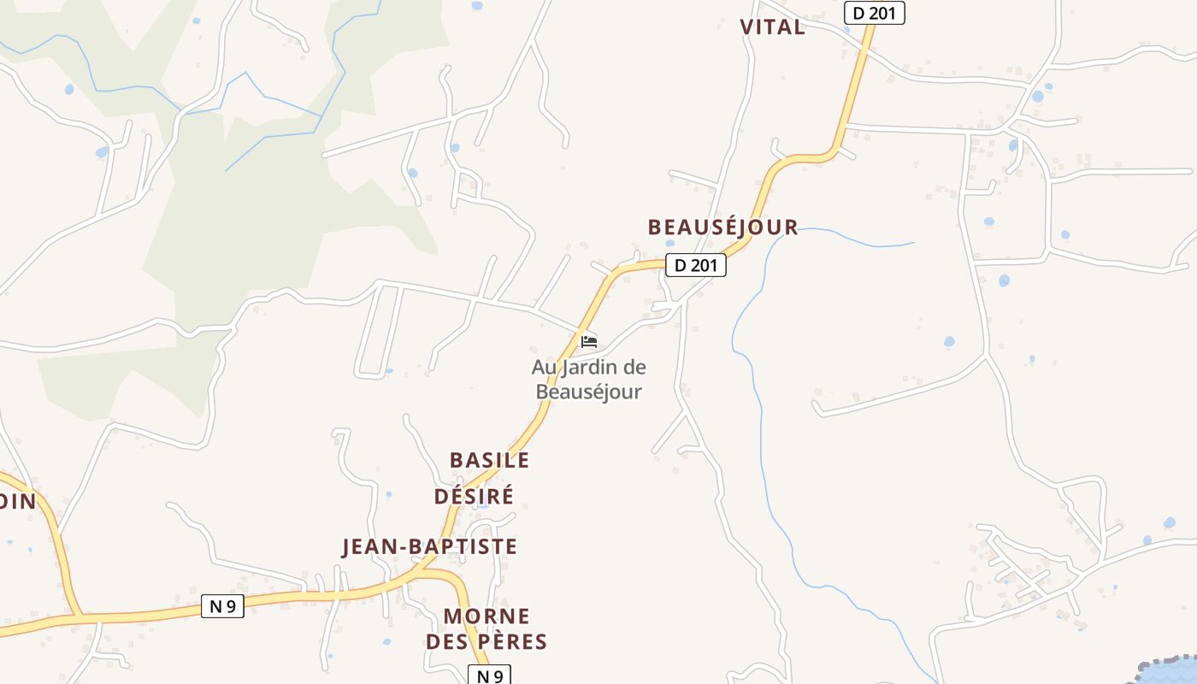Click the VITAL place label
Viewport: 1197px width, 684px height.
coord(772,27)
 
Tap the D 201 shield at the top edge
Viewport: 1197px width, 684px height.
coord(874,13)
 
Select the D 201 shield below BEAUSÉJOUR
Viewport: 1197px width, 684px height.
coord(695,265)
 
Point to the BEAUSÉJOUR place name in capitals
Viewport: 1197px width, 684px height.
coord(722,227)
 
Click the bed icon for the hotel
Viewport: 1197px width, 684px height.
coord(588,342)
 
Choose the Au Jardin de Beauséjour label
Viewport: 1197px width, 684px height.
coord(588,380)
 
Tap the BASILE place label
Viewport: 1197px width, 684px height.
coord(489,460)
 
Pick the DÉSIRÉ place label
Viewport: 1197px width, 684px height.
coord(474,496)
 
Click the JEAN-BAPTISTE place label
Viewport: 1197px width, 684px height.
coord(429,546)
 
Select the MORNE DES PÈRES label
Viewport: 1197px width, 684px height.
coord(486,629)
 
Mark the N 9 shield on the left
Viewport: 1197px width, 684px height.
coord(222,606)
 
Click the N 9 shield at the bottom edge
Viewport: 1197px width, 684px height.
coord(489,675)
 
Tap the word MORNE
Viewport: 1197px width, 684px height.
coord(486,616)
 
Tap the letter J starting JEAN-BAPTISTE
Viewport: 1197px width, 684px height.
coord(347,547)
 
